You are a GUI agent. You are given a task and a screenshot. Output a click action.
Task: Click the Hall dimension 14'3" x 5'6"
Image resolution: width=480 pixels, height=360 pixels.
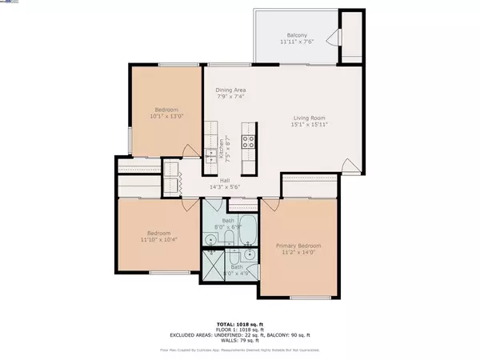pyautogui.click(x=226, y=187)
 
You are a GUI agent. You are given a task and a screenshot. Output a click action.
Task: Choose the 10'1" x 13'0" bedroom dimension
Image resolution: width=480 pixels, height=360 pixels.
pyautogui.click(x=166, y=117)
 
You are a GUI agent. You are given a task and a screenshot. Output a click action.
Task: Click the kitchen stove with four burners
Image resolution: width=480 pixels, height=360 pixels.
pyautogui.click(x=249, y=144)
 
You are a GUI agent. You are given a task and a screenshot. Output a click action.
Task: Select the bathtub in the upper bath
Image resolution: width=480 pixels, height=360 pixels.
pyautogui.click(x=239, y=226)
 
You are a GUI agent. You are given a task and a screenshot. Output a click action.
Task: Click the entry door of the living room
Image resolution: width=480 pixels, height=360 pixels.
pyautogui.click(x=350, y=165)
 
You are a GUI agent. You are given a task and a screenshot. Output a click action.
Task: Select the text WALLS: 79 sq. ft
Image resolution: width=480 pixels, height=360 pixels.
pyautogui.click(x=240, y=339)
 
